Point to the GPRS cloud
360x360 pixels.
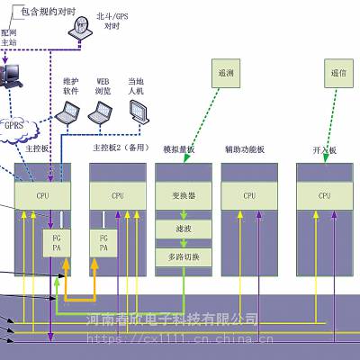tap(15, 127)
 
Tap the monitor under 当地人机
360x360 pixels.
tap(138, 111)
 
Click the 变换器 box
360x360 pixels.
tap(183, 195)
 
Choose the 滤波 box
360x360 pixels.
tap(183, 230)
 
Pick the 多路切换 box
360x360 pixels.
tap(183, 257)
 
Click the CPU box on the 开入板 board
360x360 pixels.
tap(325, 195)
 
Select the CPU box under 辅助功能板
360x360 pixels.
tap(250, 195)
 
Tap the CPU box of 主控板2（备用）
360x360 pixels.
tap(118, 195)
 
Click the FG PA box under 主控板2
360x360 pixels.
tap(104, 242)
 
